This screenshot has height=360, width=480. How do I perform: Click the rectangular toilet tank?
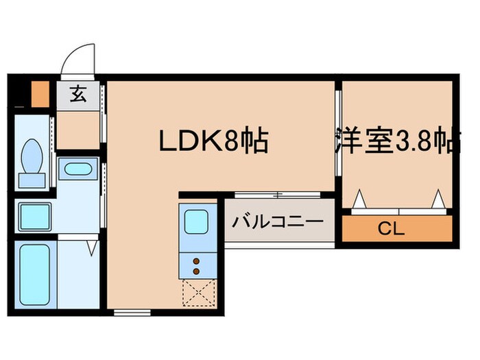tap(32, 179)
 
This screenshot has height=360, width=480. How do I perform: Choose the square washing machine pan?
tap(34, 217)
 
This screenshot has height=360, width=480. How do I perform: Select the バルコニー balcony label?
tap(277, 222)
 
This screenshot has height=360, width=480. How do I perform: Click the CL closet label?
tap(396, 228)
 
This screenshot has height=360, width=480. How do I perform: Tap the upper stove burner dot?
tap(197, 261)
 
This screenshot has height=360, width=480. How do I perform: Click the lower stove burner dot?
tap(197, 272)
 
